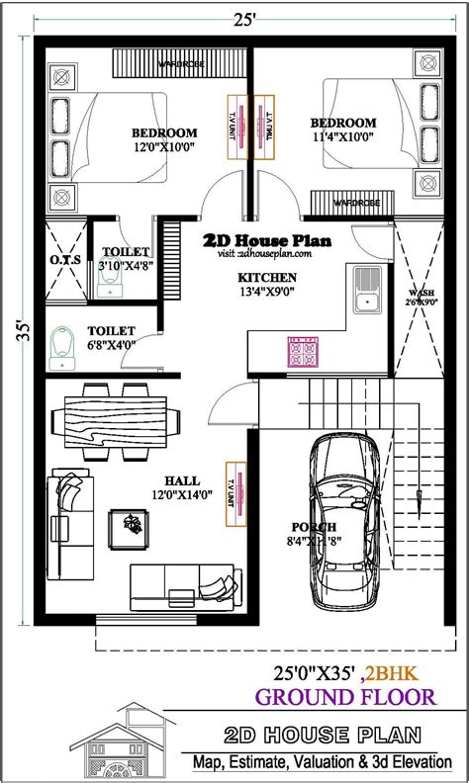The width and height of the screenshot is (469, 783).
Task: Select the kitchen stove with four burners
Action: pyautogui.click(x=301, y=351)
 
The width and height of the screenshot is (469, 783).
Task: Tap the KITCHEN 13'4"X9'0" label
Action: pyautogui.click(x=266, y=284)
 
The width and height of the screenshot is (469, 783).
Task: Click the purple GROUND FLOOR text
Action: pyautogui.click(x=345, y=697)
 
